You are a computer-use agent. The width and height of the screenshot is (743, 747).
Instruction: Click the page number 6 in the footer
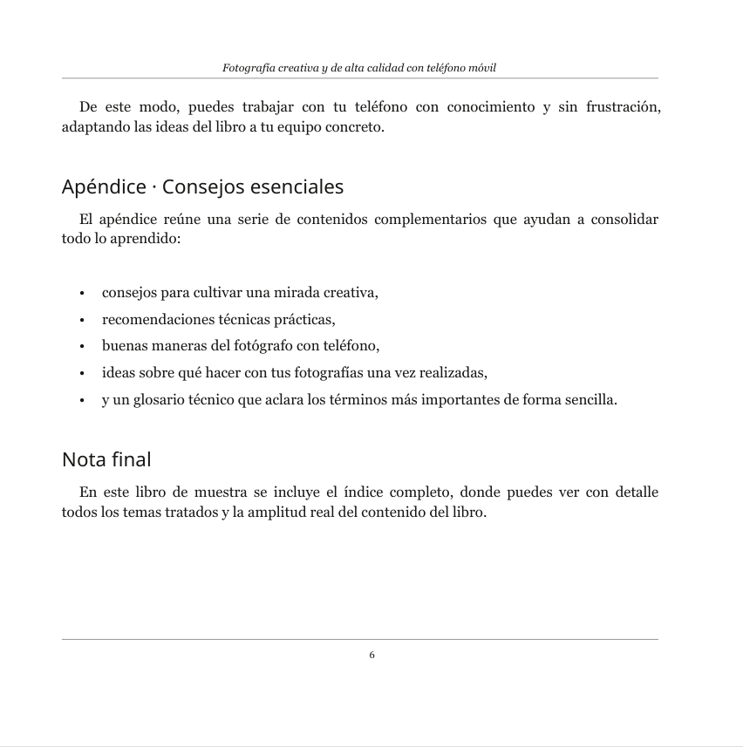tap(372, 655)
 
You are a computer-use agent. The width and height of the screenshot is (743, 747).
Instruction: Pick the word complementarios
tap(430, 219)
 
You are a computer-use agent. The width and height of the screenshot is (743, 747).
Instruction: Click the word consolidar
tap(624, 219)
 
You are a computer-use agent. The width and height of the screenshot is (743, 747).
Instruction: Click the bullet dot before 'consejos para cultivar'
tap(81, 293)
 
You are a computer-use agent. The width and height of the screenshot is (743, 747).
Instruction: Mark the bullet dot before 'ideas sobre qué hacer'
tap(81, 374)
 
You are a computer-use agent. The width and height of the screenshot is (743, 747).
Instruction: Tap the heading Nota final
tap(106, 458)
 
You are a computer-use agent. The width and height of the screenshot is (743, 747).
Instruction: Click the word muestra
tap(219, 492)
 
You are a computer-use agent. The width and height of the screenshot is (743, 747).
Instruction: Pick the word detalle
tap(637, 492)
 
